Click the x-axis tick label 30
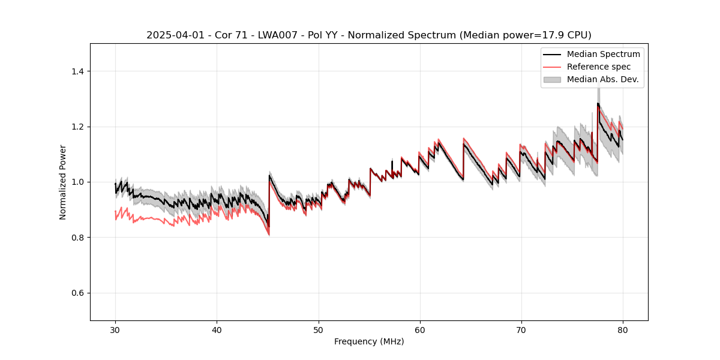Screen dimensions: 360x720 click(x=115, y=329)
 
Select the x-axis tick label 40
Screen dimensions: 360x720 click(x=217, y=329)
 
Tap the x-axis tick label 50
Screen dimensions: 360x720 click(x=318, y=329)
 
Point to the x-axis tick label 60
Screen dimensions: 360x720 click(x=419, y=329)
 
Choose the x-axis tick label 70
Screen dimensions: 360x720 click(x=521, y=329)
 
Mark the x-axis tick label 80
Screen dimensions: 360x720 click(x=622, y=329)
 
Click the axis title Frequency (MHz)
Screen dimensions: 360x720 click(x=369, y=341)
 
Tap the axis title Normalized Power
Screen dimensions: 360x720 click(x=63, y=182)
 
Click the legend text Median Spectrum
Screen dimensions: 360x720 click(x=603, y=54)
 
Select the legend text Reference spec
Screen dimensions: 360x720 click(x=599, y=67)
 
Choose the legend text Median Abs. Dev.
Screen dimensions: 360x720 click(x=602, y=79)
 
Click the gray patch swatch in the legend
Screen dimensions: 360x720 click(x=552, y=79)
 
